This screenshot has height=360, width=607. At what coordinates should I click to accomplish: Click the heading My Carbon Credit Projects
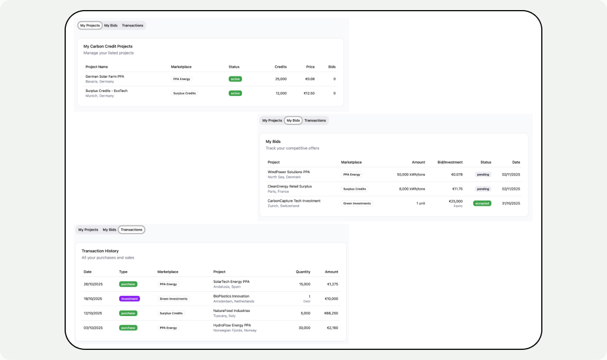point(108,46)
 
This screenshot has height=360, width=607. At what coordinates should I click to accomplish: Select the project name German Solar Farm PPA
point(105,77)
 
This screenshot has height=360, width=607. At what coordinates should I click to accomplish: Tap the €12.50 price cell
point(309,93)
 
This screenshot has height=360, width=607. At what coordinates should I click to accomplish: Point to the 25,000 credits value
point(280,79)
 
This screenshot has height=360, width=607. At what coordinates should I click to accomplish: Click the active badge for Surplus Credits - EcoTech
point(235,93)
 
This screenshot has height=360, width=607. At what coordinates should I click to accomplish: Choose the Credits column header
point(280,67)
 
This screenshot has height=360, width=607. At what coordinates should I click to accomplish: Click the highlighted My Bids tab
point(293,120)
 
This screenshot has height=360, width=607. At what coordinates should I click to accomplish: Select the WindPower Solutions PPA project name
point(289,172)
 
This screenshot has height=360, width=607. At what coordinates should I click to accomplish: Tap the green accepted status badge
point(482,203)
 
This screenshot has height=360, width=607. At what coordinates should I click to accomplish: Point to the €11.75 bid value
point(457,189)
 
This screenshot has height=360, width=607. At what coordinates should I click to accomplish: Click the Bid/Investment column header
point(450,163)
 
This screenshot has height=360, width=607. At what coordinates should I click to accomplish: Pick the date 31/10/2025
point(510,203)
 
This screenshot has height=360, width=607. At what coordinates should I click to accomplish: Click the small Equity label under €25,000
point(458,206)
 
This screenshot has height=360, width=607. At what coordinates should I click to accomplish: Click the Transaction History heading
point(100,251)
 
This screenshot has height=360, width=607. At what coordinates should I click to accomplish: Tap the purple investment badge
point(129,299)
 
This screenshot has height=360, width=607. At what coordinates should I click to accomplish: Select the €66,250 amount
point(331,314)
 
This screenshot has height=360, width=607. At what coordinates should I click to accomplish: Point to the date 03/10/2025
point(93,328)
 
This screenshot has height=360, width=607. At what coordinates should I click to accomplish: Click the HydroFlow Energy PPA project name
point(232,326)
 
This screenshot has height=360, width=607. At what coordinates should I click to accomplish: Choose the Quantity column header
point(303,272)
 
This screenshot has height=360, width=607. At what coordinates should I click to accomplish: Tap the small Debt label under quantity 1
point(306,301)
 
